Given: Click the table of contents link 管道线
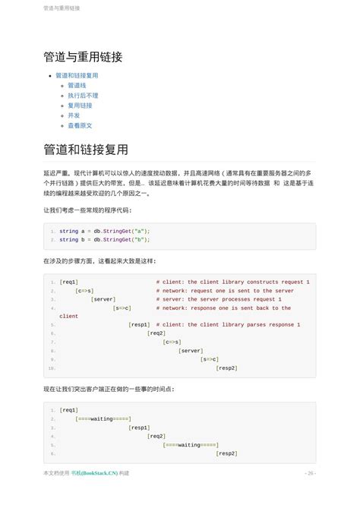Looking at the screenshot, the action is (x=77, y=86).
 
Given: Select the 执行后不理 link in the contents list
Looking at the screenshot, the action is (x=83, y=96).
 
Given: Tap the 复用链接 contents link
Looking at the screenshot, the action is (x=80, y=106).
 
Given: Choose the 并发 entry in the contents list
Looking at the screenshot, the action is (x=74, y=115).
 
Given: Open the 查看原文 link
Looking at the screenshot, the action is (x=80, y=125).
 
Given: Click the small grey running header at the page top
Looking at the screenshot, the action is (x=62, y=8).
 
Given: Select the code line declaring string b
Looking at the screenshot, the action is (x=104, y=239).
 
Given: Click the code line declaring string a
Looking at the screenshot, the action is (x=104, y=230).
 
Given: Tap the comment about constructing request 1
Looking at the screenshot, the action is (x=232, y=282).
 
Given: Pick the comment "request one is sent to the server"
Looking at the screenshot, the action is (x=225, y=291).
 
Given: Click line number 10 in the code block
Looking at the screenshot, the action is (x=51, y=368).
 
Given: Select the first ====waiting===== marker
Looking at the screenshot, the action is (x=103, y=418).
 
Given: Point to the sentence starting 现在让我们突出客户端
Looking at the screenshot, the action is (x=109, y=389).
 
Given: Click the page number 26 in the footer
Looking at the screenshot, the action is (x=310, y=472).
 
